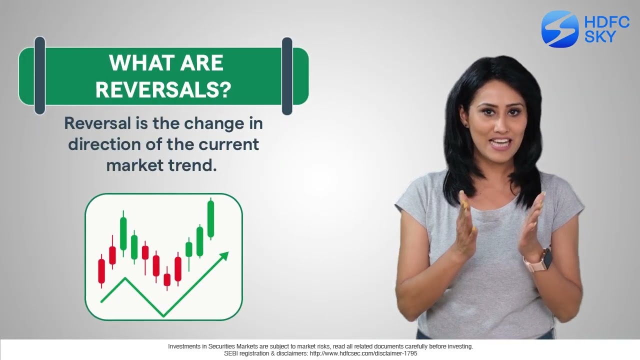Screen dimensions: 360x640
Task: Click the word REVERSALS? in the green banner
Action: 163,90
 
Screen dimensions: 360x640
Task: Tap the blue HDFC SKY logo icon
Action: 559,29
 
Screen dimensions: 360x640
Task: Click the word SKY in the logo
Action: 600,36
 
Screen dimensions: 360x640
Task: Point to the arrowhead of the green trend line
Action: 224,256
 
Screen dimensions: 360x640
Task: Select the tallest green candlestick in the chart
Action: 210,219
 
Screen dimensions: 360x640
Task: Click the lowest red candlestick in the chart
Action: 167,279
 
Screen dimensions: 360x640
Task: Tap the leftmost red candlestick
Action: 102,271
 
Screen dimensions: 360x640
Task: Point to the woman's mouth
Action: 500,144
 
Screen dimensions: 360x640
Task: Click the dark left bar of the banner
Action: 39,75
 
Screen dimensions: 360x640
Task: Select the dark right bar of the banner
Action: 287,75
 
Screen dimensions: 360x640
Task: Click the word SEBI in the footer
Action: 231,353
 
